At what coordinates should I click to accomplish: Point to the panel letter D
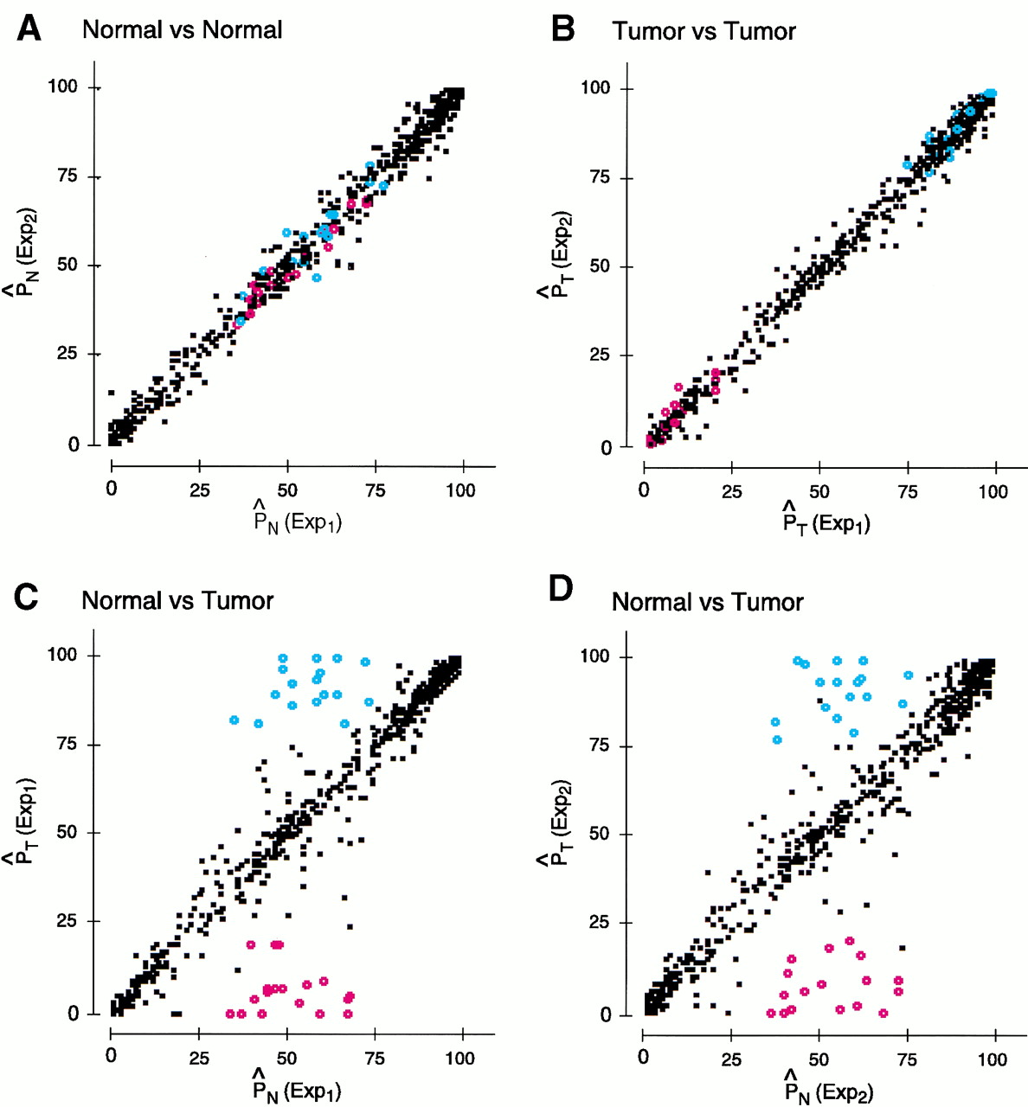pos(562,589)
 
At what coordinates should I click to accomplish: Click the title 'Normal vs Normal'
pos(182,30)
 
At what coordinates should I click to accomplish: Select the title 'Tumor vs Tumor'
pos(704,32)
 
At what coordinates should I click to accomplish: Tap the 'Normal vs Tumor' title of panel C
pos(177,600)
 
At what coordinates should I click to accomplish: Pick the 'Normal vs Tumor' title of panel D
pos(707,602)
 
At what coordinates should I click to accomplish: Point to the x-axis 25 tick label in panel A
pos(200,490)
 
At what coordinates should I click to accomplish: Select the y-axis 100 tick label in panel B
pos(595,87)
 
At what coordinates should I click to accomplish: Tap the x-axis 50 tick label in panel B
pos(819,492)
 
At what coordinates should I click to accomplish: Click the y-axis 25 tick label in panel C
pos(63,922)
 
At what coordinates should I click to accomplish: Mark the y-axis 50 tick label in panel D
pos(595,835)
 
